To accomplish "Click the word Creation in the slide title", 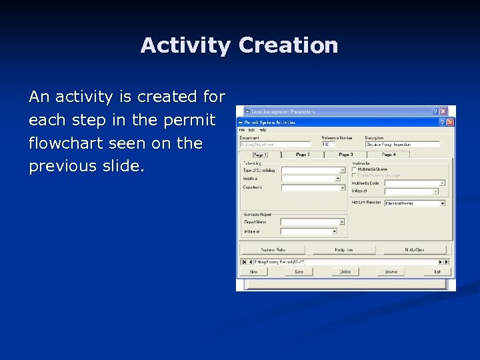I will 288,45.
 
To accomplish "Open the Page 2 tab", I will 303,154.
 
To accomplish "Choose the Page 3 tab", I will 345,154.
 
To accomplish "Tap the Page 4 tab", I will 389,154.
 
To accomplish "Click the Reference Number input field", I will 341,144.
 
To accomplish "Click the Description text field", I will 402,144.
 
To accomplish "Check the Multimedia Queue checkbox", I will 354,169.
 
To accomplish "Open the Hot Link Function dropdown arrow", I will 441,203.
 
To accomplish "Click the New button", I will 254,272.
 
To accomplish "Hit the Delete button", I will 345,272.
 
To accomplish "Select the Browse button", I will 391,272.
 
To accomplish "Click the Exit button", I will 437,272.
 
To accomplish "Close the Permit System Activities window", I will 450,123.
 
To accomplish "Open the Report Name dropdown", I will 341,222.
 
